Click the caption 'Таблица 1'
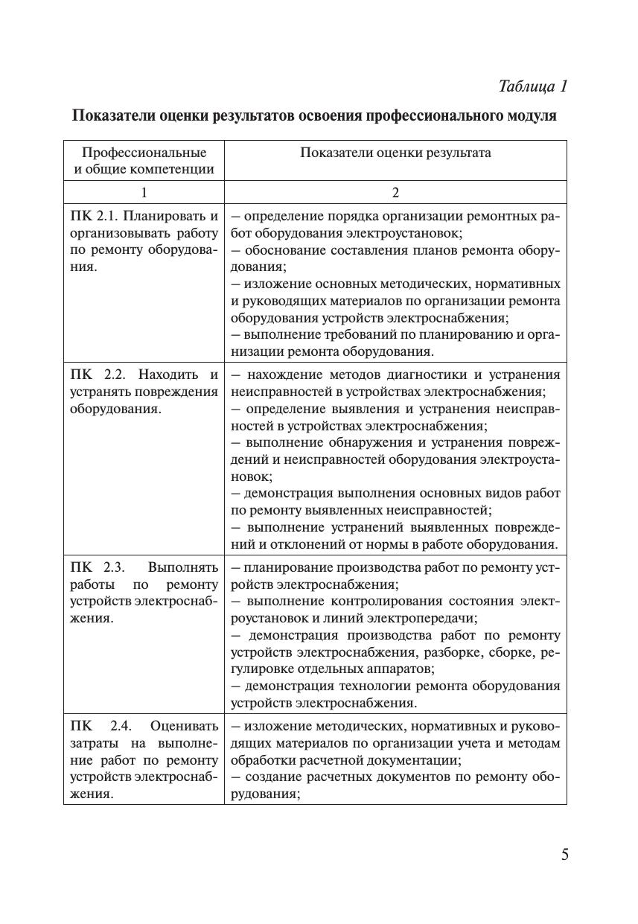tap(533, 86)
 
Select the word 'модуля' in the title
tap(531, 116)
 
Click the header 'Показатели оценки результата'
tap(395, 153)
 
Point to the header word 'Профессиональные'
tap(144, 153)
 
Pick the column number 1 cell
tap(144, 192)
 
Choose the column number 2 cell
tap(395, 192)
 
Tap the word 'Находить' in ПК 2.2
tap(170, 374)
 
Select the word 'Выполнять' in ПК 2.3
tap(183, 568)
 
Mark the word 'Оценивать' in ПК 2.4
tap(185, 725)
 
